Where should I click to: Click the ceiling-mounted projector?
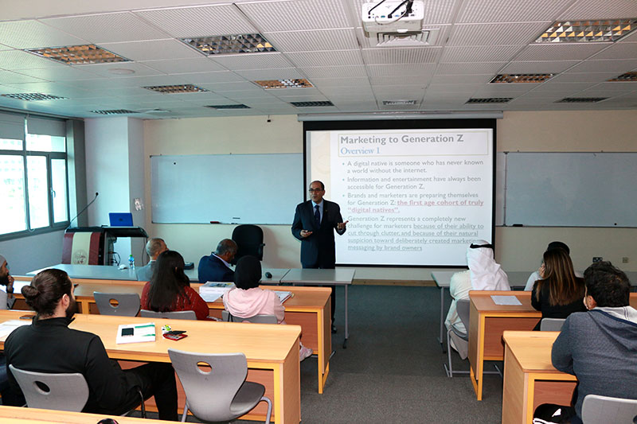[393, 17]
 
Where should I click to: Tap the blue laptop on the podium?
[121, 220]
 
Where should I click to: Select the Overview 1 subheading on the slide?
[360, 150]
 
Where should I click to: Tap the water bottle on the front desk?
[131, 262]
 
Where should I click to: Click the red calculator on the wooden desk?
[175, 335]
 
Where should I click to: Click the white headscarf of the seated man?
[483, 266]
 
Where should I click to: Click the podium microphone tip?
[96, 193]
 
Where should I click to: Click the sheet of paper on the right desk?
[506, 300]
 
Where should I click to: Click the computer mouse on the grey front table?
[269, 274]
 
